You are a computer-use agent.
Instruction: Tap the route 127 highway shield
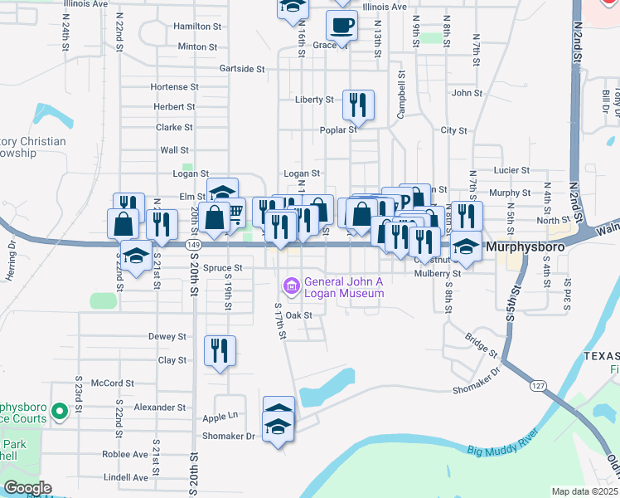click(538, 385)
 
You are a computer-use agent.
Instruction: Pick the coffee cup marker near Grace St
click(341, 26)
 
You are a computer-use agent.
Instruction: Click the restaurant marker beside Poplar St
click(358, 105)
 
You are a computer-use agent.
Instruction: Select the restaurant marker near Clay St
click(220, 350)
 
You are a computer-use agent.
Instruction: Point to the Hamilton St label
click(197, 27)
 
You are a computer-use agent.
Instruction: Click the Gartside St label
click(242, 69)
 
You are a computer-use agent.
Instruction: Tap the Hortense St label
click(174, 86)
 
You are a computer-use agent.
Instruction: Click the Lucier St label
click(511, 170)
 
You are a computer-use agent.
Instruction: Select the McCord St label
click(113, 383)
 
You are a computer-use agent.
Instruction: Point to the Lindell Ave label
click(124, 477)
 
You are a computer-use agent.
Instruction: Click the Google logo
click(27, 488)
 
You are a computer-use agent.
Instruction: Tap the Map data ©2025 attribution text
click(585, 491)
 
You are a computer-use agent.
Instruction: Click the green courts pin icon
click(59, 411)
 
